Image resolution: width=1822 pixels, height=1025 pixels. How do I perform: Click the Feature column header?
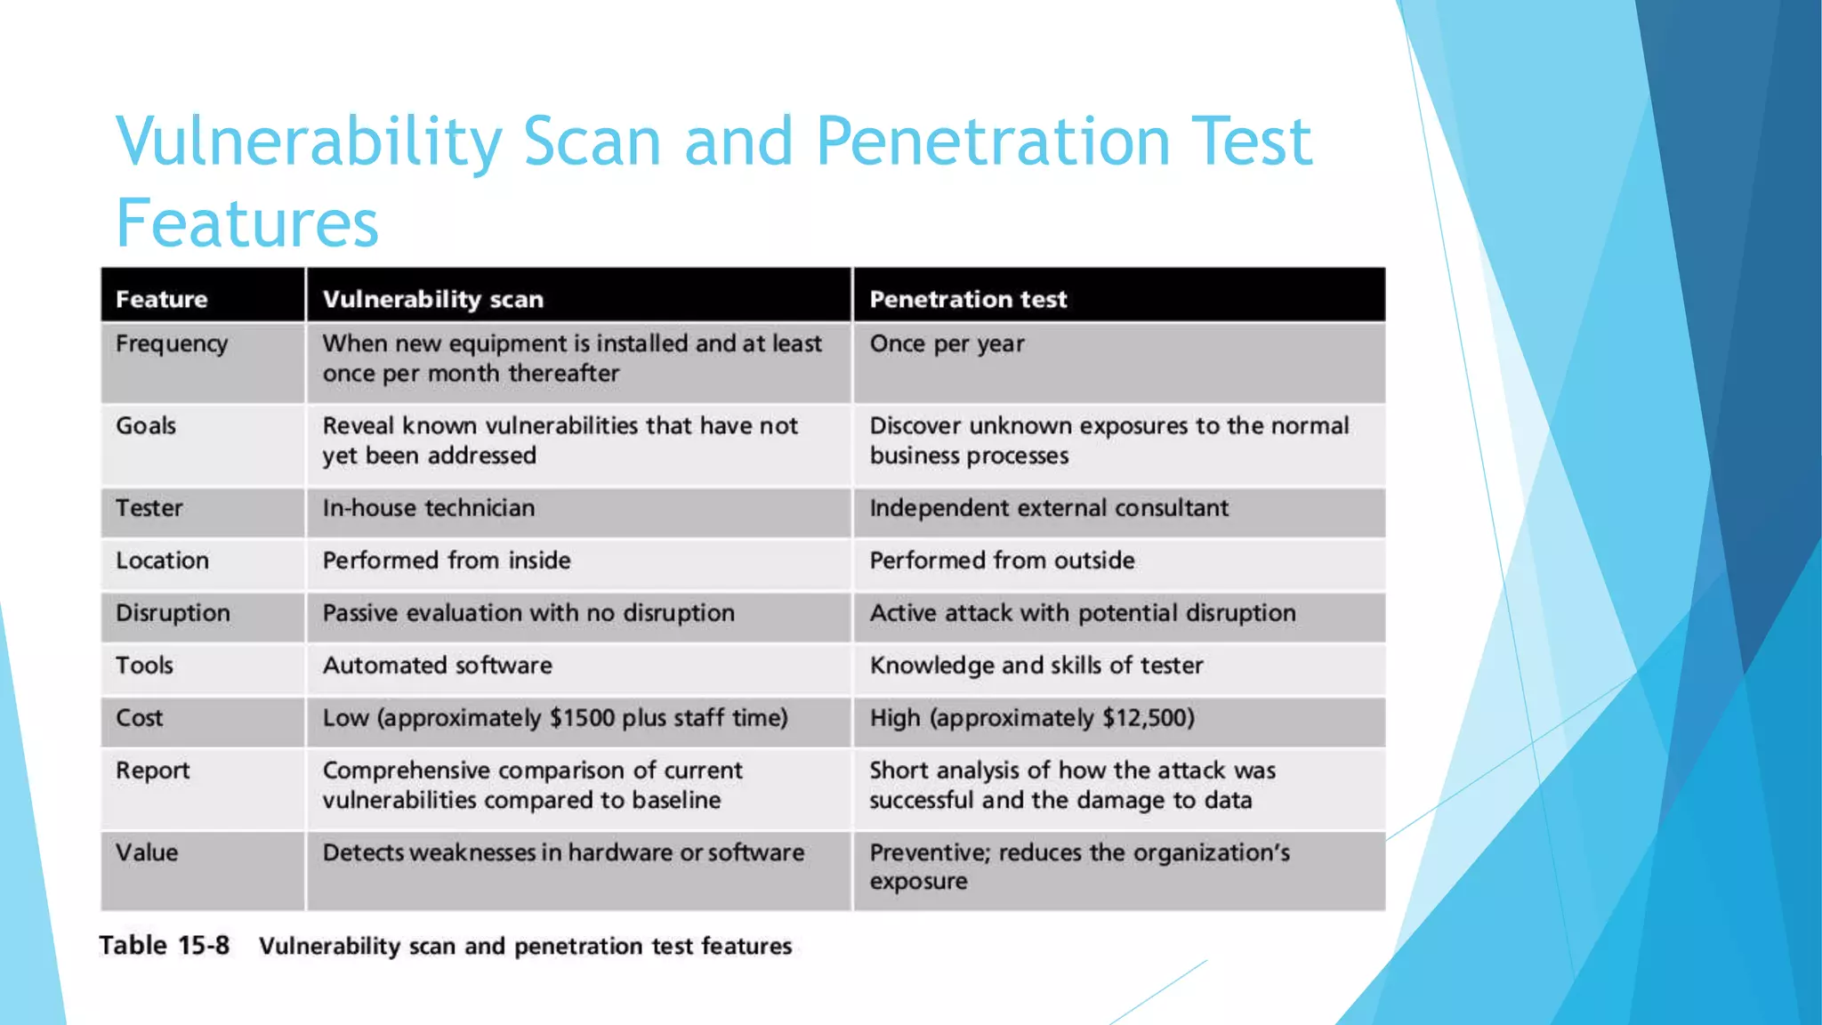coord(161,299)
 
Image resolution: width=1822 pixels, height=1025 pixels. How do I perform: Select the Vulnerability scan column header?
coord(432,299)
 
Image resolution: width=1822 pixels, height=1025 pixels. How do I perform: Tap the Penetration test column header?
coord(968,299)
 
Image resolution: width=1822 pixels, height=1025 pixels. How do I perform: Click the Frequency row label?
coord(172,343)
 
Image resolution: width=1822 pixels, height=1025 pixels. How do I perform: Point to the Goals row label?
coord(146,425)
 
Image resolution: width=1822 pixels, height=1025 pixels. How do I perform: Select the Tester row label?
coord(149,508)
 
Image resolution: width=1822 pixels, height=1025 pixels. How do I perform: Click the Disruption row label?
coord(173,613)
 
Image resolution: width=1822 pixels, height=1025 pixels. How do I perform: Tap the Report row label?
coord(153,771)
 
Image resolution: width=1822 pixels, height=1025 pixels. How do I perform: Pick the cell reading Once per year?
coord(947,343)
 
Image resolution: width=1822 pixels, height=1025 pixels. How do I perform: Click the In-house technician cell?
coord(429,508)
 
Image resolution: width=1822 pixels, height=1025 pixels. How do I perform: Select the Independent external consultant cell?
coord(1049,508)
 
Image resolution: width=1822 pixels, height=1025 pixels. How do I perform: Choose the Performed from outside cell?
coord(1002,561)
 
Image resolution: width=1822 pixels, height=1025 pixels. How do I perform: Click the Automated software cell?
coord(437,666)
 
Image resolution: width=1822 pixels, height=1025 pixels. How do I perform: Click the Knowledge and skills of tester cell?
coord(1036,666)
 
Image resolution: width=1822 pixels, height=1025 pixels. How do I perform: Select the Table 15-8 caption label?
coord(164,945)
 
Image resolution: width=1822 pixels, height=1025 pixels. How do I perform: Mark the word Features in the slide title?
coord(247,222)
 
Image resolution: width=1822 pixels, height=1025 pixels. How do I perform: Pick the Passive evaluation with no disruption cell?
coord(528,613)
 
